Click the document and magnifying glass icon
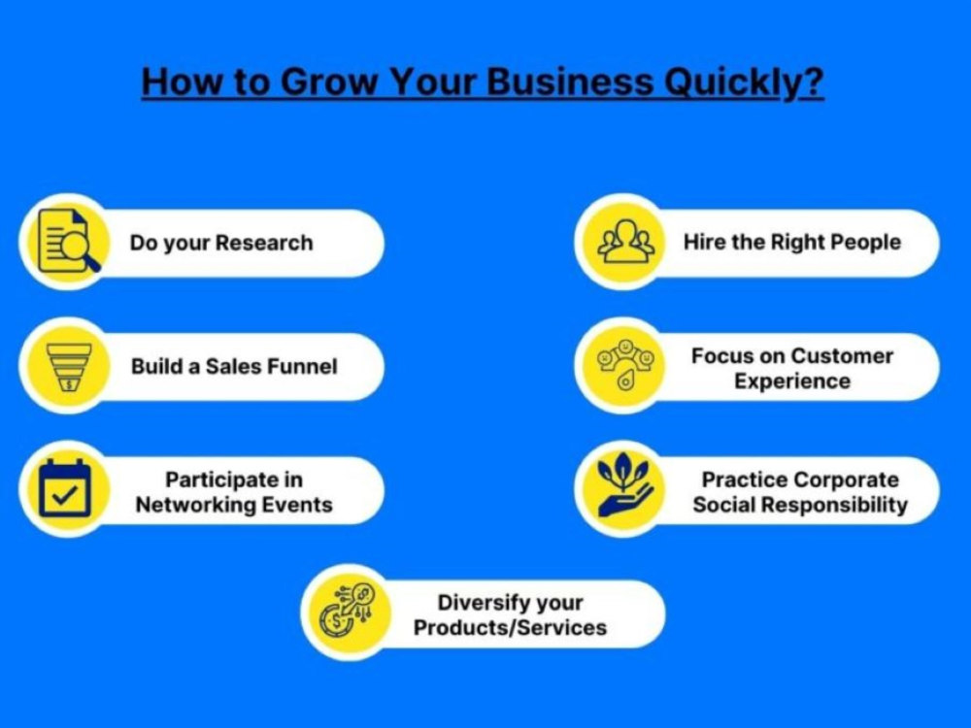pyautogui.click(x=69, y=241)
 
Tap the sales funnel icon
pyautogui.click(x=69, y=367)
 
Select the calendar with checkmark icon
pyautogui.click(x=64, y=488)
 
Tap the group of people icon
pyautogui.click(x=625, y=242)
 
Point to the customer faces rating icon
pyautogui.click(x=624, y=365)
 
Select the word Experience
pyautogui.click(x=792, y=381)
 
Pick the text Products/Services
pyautogui.click(x=511, y=628)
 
